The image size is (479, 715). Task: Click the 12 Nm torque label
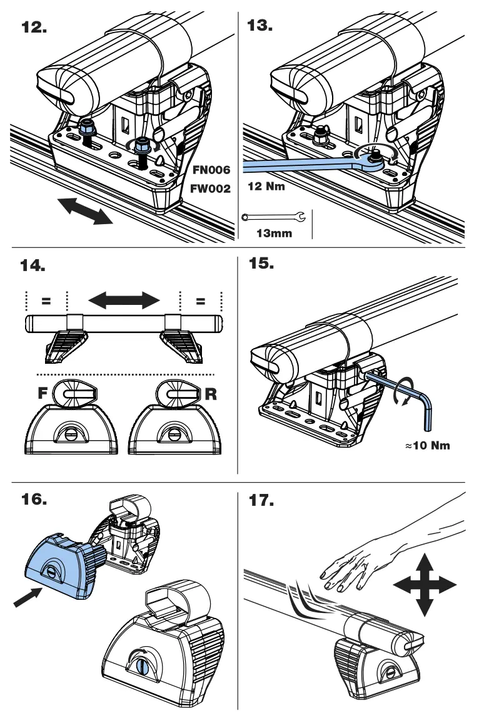pyautogui.click(x=266, y=187)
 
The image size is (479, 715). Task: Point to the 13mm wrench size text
pyautogui.click(x=275, y=234)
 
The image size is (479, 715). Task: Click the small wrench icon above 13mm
pyautogui.click(x=274, y=217)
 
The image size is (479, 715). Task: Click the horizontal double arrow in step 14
pyautogui.click(x=124, y=301)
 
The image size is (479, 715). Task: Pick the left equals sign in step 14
pyautogui.click(x=46, y=301)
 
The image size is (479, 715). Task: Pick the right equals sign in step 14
pyautogui.click(x=201, y=301)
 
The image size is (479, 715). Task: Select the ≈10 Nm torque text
pyautogui.click(x=428, y=446)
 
